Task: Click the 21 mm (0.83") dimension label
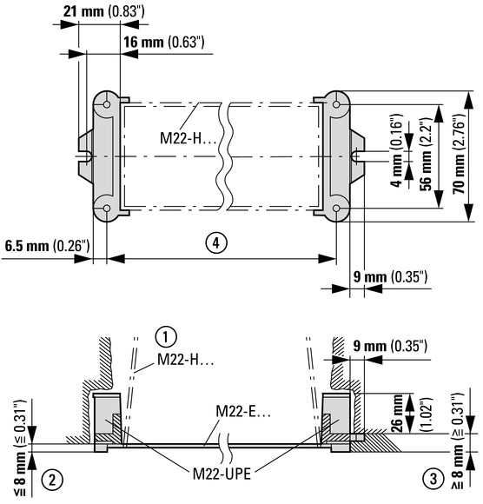[x=103, y=11]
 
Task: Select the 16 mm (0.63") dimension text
[x=164, y=42]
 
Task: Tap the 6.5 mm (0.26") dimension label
[x=47, y=246]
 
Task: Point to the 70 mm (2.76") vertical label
[x=459, y=154]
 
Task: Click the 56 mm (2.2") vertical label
[x=427, y=155]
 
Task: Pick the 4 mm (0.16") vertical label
[x=397, y=150]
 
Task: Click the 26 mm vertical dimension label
[x=397, y=413]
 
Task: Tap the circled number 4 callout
[x=216, y=243]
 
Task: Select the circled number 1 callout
[x=166, y=337]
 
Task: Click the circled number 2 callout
[x=52, y=480]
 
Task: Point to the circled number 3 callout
[x=433, y=479]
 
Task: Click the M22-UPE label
[x=222, y=474]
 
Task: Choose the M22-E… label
[x=243, y=411]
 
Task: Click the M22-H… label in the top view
[x=188, y=138]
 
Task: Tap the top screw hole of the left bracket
[x=107, y=104]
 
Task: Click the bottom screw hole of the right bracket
[x=336, y=209]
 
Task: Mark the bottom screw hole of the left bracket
[x=107, y=209]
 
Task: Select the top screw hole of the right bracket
[x=336, y=104]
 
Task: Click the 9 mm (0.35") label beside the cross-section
[x=390, y=347]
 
